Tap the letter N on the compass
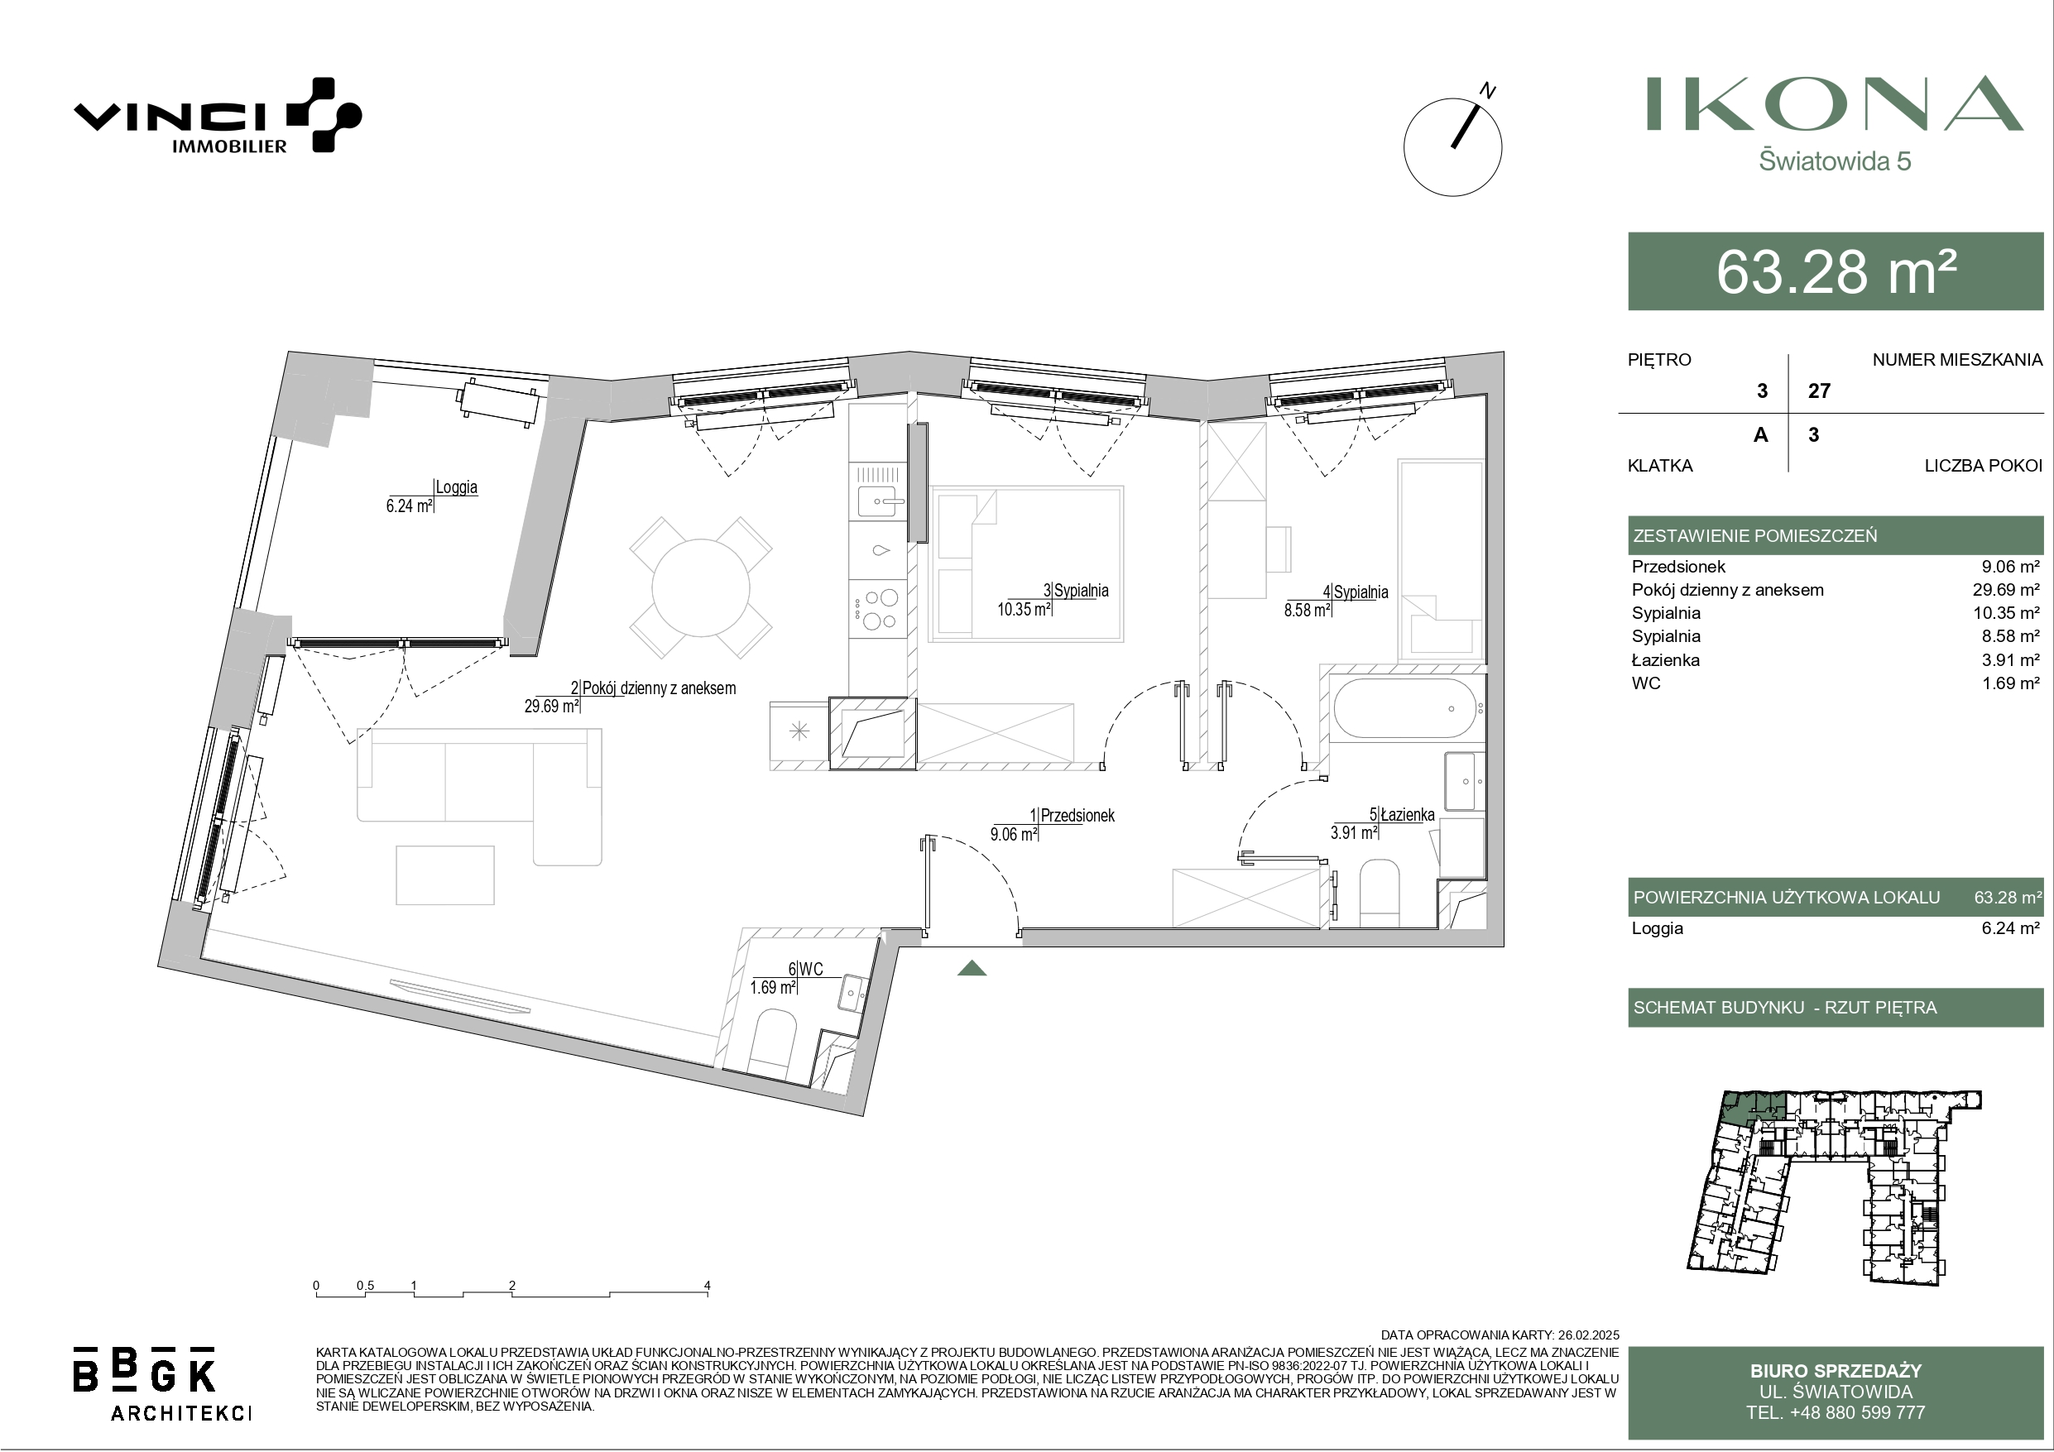(x=1488, y=91)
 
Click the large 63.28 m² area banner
(x=1836, y=271)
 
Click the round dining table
(x=700, y=587)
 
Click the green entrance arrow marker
(x=972, y=968)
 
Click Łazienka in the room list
(x=1666, y=659)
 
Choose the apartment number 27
(x=1819, y=391)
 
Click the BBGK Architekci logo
(x=162, y=1382)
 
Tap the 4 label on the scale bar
(x=707, y=1286)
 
